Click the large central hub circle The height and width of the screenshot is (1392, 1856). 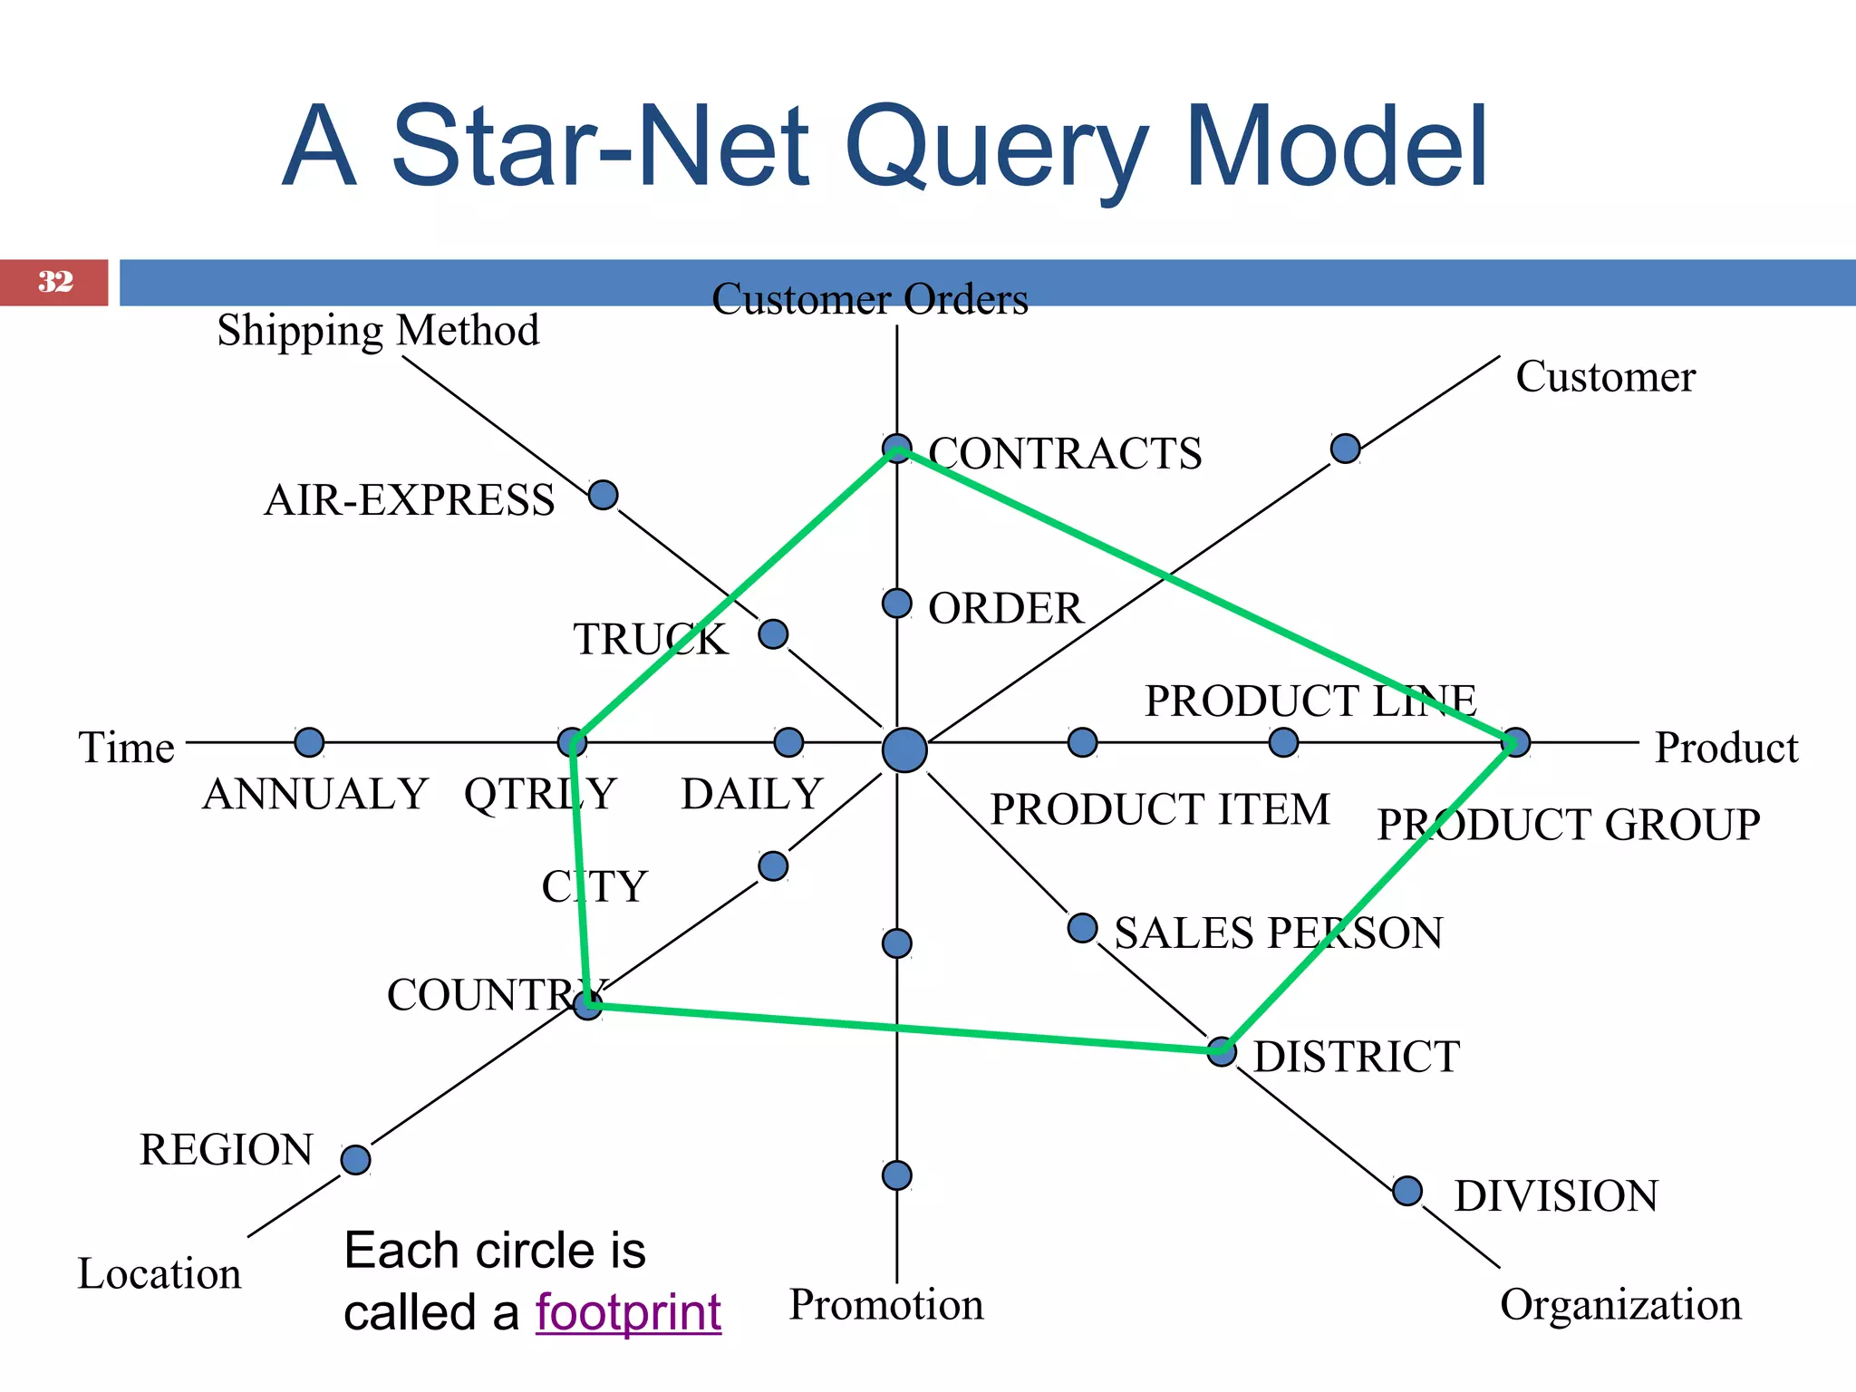[904, 750]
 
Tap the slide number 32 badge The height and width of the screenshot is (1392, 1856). [54, 282]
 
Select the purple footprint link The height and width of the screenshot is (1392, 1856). [628, 1312]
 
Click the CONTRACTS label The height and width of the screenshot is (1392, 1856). [1065, 453]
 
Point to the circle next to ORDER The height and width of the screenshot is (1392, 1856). [896, 603]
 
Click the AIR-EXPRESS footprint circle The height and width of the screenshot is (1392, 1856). [603, 495]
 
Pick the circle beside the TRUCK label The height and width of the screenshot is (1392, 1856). [772, 633]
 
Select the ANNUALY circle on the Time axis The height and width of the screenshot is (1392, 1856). [309, 742]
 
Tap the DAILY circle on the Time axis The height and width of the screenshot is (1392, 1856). [788, 742]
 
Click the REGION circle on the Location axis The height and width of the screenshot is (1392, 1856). [355, 1159]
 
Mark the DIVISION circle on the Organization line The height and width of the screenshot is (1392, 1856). [1406, 1190]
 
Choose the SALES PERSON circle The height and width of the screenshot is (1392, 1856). [1082, 927]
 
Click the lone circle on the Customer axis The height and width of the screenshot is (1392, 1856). [1345, 448]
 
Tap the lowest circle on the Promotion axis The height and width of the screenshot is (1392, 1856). [896, 1175]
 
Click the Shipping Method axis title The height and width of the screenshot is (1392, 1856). [378, 330]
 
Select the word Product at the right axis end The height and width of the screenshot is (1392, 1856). [1725, 748]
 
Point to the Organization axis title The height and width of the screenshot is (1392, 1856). [1620, 1305]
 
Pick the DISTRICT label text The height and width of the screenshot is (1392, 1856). [1356, 1057]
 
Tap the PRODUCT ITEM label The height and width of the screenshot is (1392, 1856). [1159, 809]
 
